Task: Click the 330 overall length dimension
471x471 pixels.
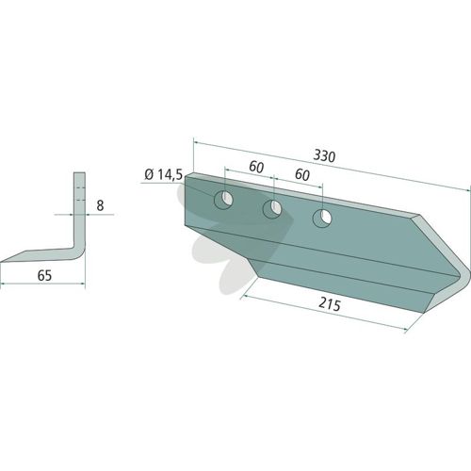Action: pyautogui.click(x=324, y=156)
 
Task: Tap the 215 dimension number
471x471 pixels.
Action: pyautogui.click(x=330, y=304)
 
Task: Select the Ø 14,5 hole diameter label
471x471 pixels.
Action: pyautogui.click(x=163, y=174)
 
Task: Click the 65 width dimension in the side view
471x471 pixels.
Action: pyautogui.click(x=44, y=276)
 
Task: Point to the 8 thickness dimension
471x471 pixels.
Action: pyautogui.click(x=100, y=205)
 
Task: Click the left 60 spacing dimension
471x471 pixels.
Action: pyautogui.click(x=256, y=167)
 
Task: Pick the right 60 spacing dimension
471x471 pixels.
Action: pyautogui.click(x=302, y=174)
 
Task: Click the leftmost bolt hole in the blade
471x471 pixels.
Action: pyautogui.click(x=223, y=200)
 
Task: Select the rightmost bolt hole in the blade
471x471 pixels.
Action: pyautogui.click(x=322, y=218)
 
